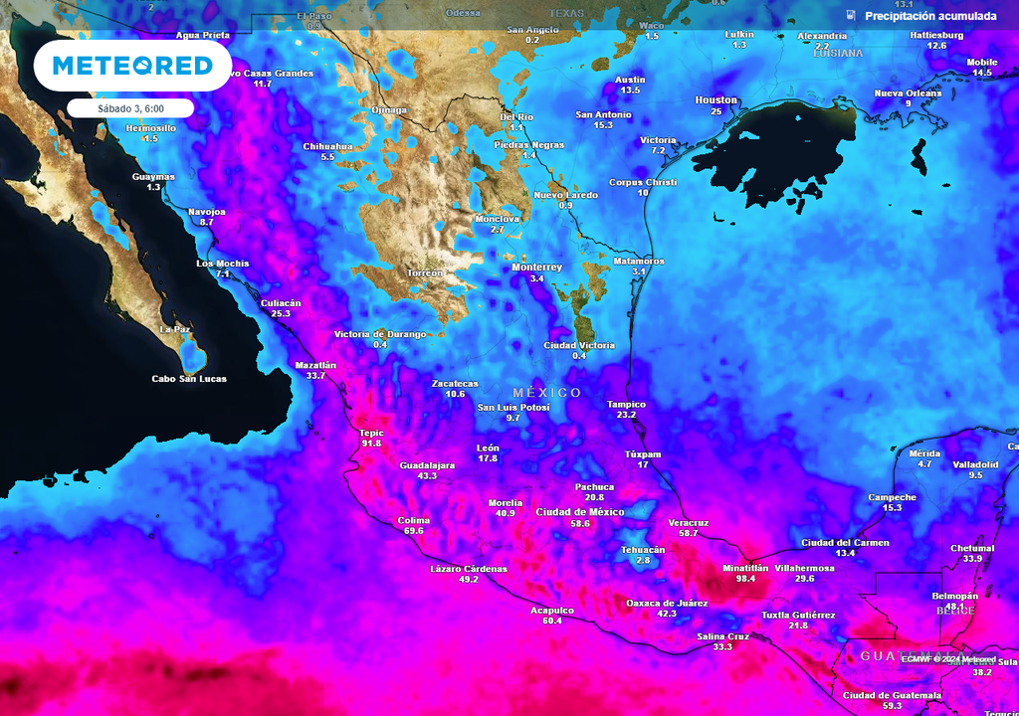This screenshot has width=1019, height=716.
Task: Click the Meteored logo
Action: (x=132, y=66)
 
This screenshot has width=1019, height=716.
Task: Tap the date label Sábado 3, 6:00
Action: (x=130, y=107)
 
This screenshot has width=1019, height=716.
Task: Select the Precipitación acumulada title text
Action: (x=930, y=16)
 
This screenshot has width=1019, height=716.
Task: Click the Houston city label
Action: (x=715, y=100)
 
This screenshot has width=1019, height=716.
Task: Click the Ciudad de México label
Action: (x=580, y=511)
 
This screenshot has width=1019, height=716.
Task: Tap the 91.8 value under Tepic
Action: (x=371, y=444)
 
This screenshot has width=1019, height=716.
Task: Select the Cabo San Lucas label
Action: (x=189, y=379)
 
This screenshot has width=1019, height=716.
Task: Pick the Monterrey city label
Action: (x=537, y=268)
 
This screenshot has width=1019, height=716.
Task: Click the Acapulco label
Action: (x=552, y=610)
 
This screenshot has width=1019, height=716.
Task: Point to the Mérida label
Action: (x=924, y=453)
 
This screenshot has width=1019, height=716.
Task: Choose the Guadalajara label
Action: (x=427, y=465)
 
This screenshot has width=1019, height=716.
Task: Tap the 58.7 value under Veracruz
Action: (x=688, y=533)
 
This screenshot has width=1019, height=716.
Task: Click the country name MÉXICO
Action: (x=547, y=393)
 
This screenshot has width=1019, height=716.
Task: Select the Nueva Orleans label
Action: (x=908, y=93)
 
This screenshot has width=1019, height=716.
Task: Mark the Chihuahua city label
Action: (x=327, y=146)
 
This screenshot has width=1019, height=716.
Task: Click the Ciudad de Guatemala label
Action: (x=892, y=695)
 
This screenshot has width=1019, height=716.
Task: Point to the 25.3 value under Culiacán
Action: (x=281, y=313)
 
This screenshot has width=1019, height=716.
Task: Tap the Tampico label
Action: (x=626, y=404)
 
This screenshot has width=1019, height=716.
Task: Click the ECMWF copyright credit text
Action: (x=948, y=659)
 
